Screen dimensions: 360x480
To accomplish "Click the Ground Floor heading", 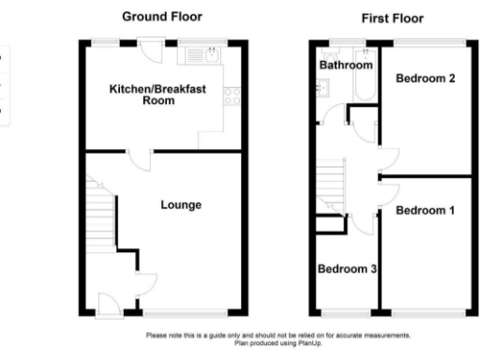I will point(162,17).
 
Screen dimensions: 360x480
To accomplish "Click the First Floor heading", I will point(392,19).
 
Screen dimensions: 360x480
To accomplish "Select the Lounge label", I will point(181,205).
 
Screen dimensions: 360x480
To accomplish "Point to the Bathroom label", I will point(346,67).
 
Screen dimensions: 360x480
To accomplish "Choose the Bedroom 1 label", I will point(425,211).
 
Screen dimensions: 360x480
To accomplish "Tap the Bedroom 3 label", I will point(347,270).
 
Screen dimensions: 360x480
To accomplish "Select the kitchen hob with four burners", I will point(231,97).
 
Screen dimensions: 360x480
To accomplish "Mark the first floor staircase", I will point(334,178).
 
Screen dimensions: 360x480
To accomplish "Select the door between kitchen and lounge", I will point(137,157).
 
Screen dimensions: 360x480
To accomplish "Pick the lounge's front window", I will point(185,314).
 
